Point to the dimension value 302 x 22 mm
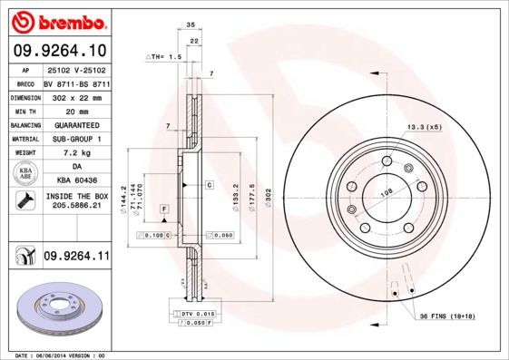pos(75,96)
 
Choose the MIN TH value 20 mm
pos(75,110)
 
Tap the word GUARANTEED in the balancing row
pos(75,124)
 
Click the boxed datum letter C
pos(209,185)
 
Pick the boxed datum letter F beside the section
pos(164,210)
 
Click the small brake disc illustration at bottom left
pos(57,309)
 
